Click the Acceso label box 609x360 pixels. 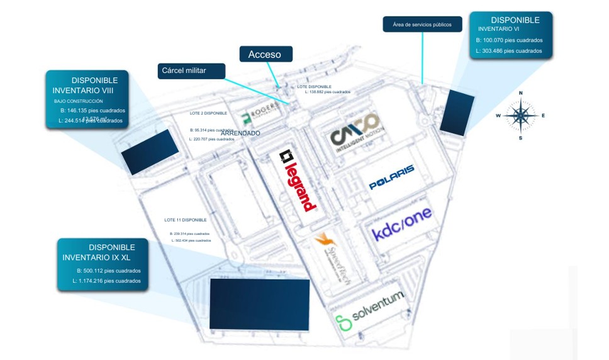point(265,54)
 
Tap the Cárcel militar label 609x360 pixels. point(191,70)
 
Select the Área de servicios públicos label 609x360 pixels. point(422,25)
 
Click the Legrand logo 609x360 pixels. point(298,180)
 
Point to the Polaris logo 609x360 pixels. point(391,177)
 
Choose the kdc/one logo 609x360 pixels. point(402,224)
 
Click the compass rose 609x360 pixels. point(520,115)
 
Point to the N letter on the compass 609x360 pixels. point(520,93)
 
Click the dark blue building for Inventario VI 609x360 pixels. point(457,111)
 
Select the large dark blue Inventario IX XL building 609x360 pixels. point(259,304)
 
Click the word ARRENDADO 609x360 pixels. point(240,133)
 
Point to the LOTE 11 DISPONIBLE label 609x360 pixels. point(185,220)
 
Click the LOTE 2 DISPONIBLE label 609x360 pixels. point(208,113)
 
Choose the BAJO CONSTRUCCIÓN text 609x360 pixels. point(78,101)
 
